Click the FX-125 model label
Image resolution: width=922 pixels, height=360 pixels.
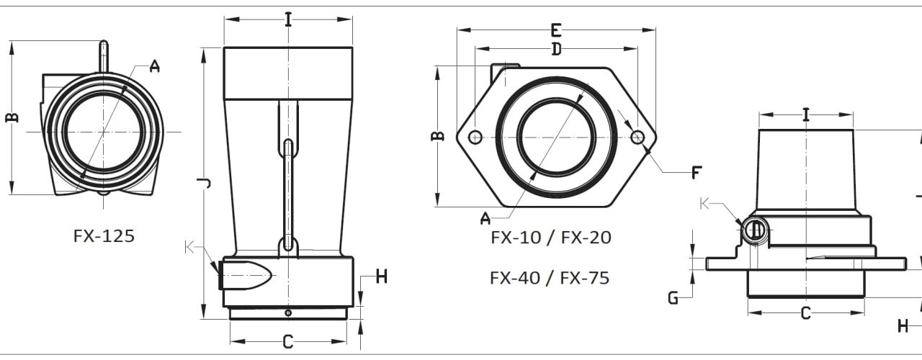[x=104, y=236]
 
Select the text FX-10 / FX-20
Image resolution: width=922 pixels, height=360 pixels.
[x=551, y=238]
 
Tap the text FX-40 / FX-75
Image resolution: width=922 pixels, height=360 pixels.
[x=550, y=278]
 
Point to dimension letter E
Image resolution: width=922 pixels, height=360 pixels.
[x=556, y=30]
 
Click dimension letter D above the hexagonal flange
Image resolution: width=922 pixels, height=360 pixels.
[x=556, y=50]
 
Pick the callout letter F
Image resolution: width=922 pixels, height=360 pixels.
[x=696, y=172]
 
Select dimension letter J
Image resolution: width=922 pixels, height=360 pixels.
[x=204, y=183]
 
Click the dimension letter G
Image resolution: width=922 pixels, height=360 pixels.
[x=673, y=298]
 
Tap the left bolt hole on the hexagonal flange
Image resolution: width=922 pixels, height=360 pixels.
[x=475, y=137]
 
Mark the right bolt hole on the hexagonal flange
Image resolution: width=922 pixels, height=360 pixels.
[x=637, y=137]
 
